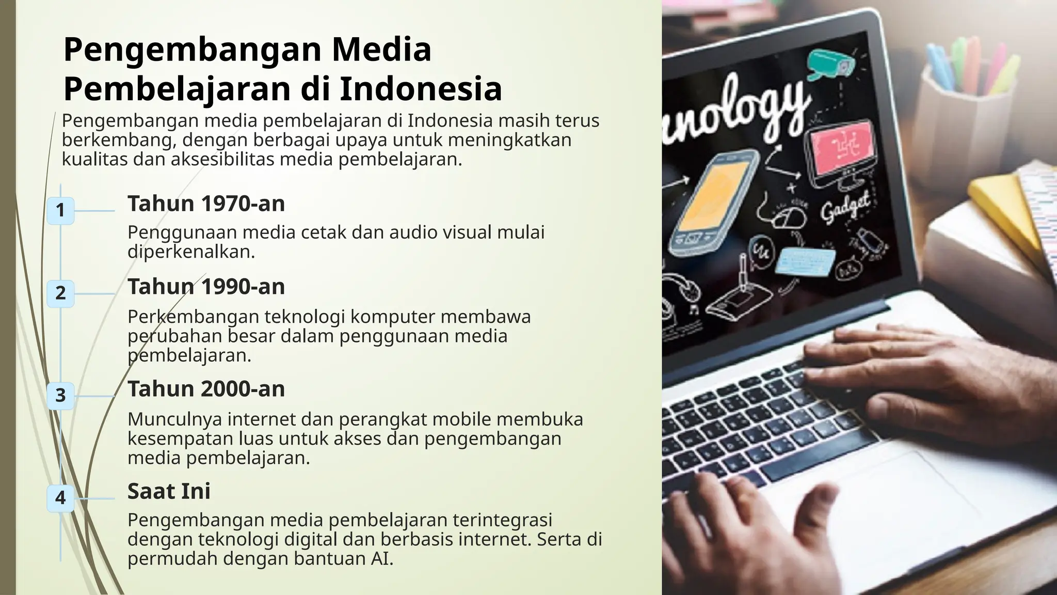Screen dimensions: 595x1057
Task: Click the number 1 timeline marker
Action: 60,210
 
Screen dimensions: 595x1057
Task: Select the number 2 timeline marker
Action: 60,293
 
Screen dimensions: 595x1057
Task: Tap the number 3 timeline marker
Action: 60,396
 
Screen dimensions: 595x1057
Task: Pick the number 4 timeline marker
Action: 60,498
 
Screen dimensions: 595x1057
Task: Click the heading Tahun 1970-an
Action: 206,203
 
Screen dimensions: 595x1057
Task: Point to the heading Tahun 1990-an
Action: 206,287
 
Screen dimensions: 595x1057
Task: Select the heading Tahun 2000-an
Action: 206,389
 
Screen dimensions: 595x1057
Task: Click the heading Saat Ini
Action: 169,491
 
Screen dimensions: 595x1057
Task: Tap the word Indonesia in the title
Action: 421,89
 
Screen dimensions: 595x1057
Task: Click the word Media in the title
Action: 381,50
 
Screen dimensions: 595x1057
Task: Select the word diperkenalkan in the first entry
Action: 191,252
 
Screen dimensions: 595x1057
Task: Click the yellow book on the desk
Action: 999,207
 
